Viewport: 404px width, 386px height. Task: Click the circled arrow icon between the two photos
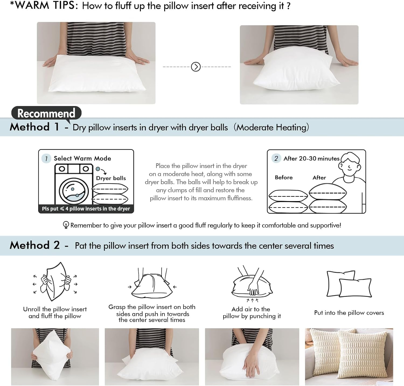coord(196,66)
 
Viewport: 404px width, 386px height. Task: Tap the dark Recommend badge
coord(46,113)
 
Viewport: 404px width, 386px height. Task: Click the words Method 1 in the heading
coord(34,127)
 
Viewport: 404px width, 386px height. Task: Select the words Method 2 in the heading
coord(34,245)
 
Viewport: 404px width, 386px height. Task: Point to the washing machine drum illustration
coord(74,190)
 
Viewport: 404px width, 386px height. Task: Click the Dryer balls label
coord(111,178)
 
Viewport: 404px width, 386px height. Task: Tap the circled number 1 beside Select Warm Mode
coord(46,159)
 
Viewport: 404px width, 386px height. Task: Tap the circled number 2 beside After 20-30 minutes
coord(276,158)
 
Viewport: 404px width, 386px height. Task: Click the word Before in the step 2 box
coord(284,177)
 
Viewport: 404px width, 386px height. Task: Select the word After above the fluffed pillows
coord(319,178)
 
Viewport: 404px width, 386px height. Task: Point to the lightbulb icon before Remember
coord(66,225)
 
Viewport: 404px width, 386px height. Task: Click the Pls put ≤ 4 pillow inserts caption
coord(86,209)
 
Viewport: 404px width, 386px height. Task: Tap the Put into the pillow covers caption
coord(349,313)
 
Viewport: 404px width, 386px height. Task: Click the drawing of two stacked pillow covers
coord(349,284)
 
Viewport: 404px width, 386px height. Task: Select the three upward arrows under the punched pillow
coord(252,300)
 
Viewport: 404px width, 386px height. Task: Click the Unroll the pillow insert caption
coord(55,313)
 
